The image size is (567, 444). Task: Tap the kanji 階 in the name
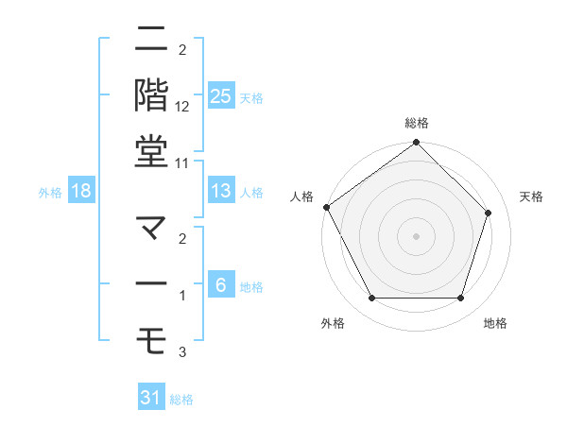point(151,94)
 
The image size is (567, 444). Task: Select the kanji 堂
point(151,151)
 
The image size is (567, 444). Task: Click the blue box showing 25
point(220,95)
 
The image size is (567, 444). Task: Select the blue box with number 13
point(220,191)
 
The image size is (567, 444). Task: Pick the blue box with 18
point(81,191)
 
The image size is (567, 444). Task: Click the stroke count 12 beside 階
point(182,106)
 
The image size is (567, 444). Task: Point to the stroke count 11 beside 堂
point(182,162)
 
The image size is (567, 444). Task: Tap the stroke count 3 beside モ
point(182,352)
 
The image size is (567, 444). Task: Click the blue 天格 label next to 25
point(251,97)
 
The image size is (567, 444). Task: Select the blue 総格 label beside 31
point(181,400)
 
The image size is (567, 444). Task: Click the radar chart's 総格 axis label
point(417,123)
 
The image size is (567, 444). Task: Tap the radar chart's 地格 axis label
point(495,323)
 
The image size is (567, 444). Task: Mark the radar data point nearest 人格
point(327,207)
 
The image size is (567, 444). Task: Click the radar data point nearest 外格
point(371,299)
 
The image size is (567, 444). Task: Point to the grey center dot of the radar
point(417,235)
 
